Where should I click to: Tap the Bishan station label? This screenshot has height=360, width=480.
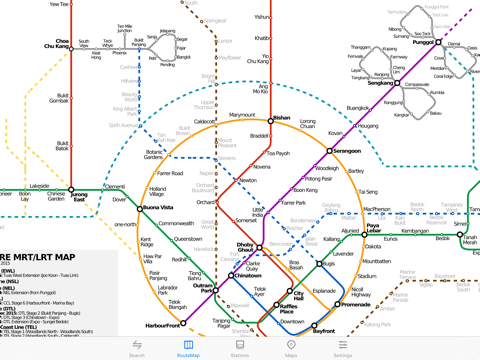(281, 117)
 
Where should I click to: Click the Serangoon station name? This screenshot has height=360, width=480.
(346, 151)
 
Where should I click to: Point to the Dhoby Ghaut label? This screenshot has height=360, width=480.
(245, 246)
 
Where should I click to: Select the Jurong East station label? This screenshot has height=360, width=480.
(80, 196)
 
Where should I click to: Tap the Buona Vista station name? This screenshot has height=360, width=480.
(157, 208)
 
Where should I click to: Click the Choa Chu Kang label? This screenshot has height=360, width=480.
(56, 44)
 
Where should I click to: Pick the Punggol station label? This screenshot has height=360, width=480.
(424, 42)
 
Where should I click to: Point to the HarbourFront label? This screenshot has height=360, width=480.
(163, 325)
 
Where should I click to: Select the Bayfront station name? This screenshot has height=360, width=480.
(324, 328)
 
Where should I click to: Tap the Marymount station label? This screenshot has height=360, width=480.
(242, 115)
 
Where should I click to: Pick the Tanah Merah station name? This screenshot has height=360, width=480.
(470, 241)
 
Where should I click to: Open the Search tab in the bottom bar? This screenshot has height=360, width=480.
(137, 348)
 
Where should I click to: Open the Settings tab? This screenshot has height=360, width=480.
(342, 348)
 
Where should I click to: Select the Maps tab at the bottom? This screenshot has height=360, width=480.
(291, 348)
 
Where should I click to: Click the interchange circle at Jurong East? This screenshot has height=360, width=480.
(72, 186)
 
